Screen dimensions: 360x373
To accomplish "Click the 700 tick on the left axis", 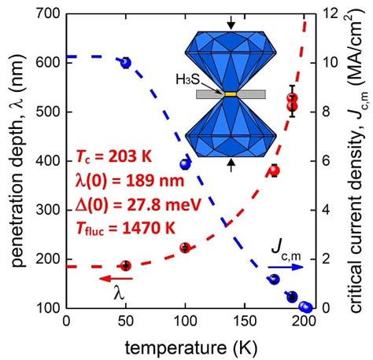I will click(48, 15).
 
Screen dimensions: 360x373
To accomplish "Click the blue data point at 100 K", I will click(186, 163).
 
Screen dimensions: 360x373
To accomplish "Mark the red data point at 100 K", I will click(186, 248).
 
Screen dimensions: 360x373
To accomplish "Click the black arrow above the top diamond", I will click(231, 23).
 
